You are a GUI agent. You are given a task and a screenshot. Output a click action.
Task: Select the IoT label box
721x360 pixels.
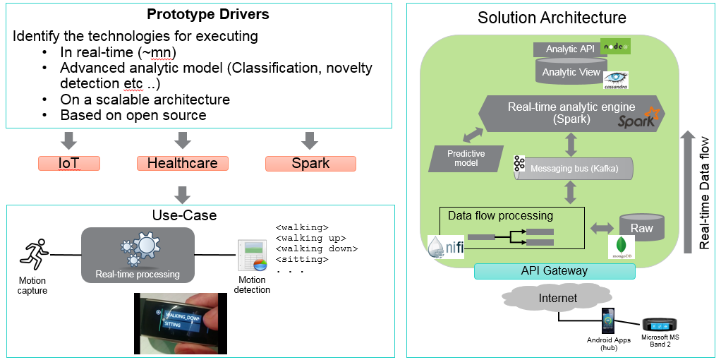click(69, 164)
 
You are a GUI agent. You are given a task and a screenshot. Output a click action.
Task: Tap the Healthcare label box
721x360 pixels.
click(182, 164)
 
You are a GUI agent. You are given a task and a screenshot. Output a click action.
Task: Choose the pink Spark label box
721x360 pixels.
click(310, 164)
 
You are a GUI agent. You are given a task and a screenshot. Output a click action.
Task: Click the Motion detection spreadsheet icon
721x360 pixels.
click(251, 256)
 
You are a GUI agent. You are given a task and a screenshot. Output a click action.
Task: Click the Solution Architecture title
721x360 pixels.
click(552, 18)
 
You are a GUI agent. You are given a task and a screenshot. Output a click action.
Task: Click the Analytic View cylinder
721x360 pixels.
click(571, 72)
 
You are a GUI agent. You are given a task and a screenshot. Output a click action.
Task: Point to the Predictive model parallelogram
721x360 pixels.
click(466, 158)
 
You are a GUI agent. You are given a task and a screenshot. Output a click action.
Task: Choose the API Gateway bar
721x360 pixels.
click(555, 271)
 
